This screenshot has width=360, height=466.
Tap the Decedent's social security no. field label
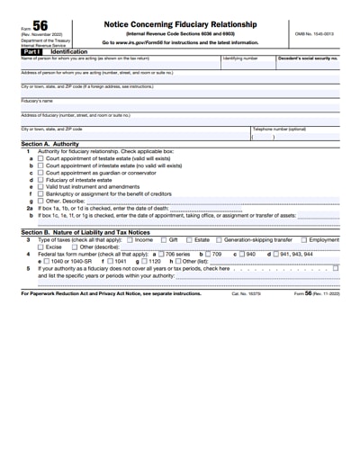[x=308, y=58]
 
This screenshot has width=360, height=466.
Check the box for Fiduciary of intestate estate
[x=40, y=179]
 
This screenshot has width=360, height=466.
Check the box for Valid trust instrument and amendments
[x=40, y=186]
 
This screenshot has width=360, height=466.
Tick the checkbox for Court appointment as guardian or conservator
[x=40, y=172]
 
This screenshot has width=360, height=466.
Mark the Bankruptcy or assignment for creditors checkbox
[x=40, y=193]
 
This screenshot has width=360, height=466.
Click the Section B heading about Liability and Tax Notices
[x=85, y=232]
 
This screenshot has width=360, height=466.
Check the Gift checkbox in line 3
[x=162, y=240]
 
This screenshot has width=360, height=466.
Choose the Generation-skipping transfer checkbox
[x=219, y=240]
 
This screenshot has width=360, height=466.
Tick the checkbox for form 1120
[x=143, y=261]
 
